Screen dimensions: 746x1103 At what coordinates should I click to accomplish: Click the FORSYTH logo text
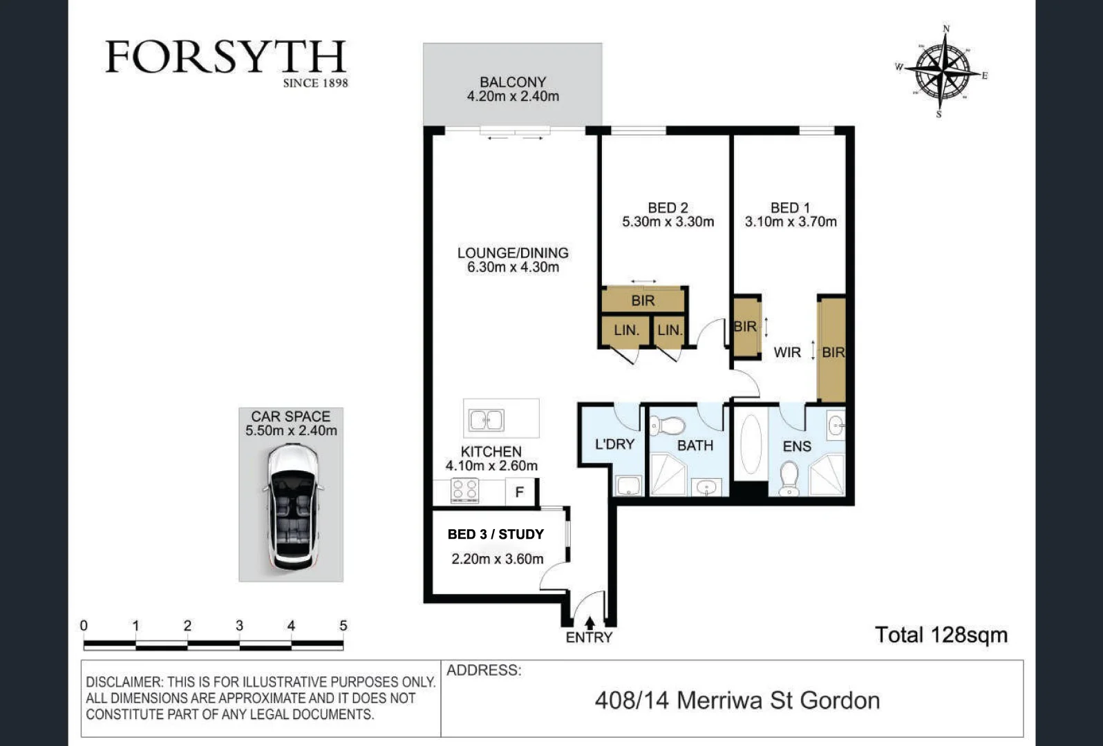click(x=226, y=57)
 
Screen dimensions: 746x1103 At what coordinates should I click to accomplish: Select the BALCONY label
click(x=513, y=82)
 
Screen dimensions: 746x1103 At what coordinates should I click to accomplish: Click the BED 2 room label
click(x=668, y=208)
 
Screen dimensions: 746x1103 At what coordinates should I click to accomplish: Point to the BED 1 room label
click(x=790, y=208)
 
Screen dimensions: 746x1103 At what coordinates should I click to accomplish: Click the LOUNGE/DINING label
click(x=513, y=253)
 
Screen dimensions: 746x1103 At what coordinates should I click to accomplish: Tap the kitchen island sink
click(x=487, y=420)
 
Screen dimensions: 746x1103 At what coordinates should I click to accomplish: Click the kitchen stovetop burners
click(x=464, y=490)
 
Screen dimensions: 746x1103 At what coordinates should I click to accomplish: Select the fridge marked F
click(x=520, y=492)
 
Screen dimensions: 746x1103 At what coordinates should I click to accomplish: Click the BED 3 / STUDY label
click(x=496, y=534)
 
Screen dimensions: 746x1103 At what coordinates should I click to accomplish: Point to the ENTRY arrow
click(x=590, y=623)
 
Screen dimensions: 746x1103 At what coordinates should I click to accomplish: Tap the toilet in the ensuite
click(x=788, y=478)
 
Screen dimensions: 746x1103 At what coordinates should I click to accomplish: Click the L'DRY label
click(x=614, y=444)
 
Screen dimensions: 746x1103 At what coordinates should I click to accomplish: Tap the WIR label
click(x=787, y=352)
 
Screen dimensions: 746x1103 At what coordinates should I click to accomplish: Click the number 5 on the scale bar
click(x=343, y=626)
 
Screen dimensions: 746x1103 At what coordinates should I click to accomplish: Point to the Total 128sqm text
click(x=941, y=635)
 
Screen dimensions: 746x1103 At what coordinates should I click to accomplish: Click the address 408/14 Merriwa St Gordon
click(x=737, y=700)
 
